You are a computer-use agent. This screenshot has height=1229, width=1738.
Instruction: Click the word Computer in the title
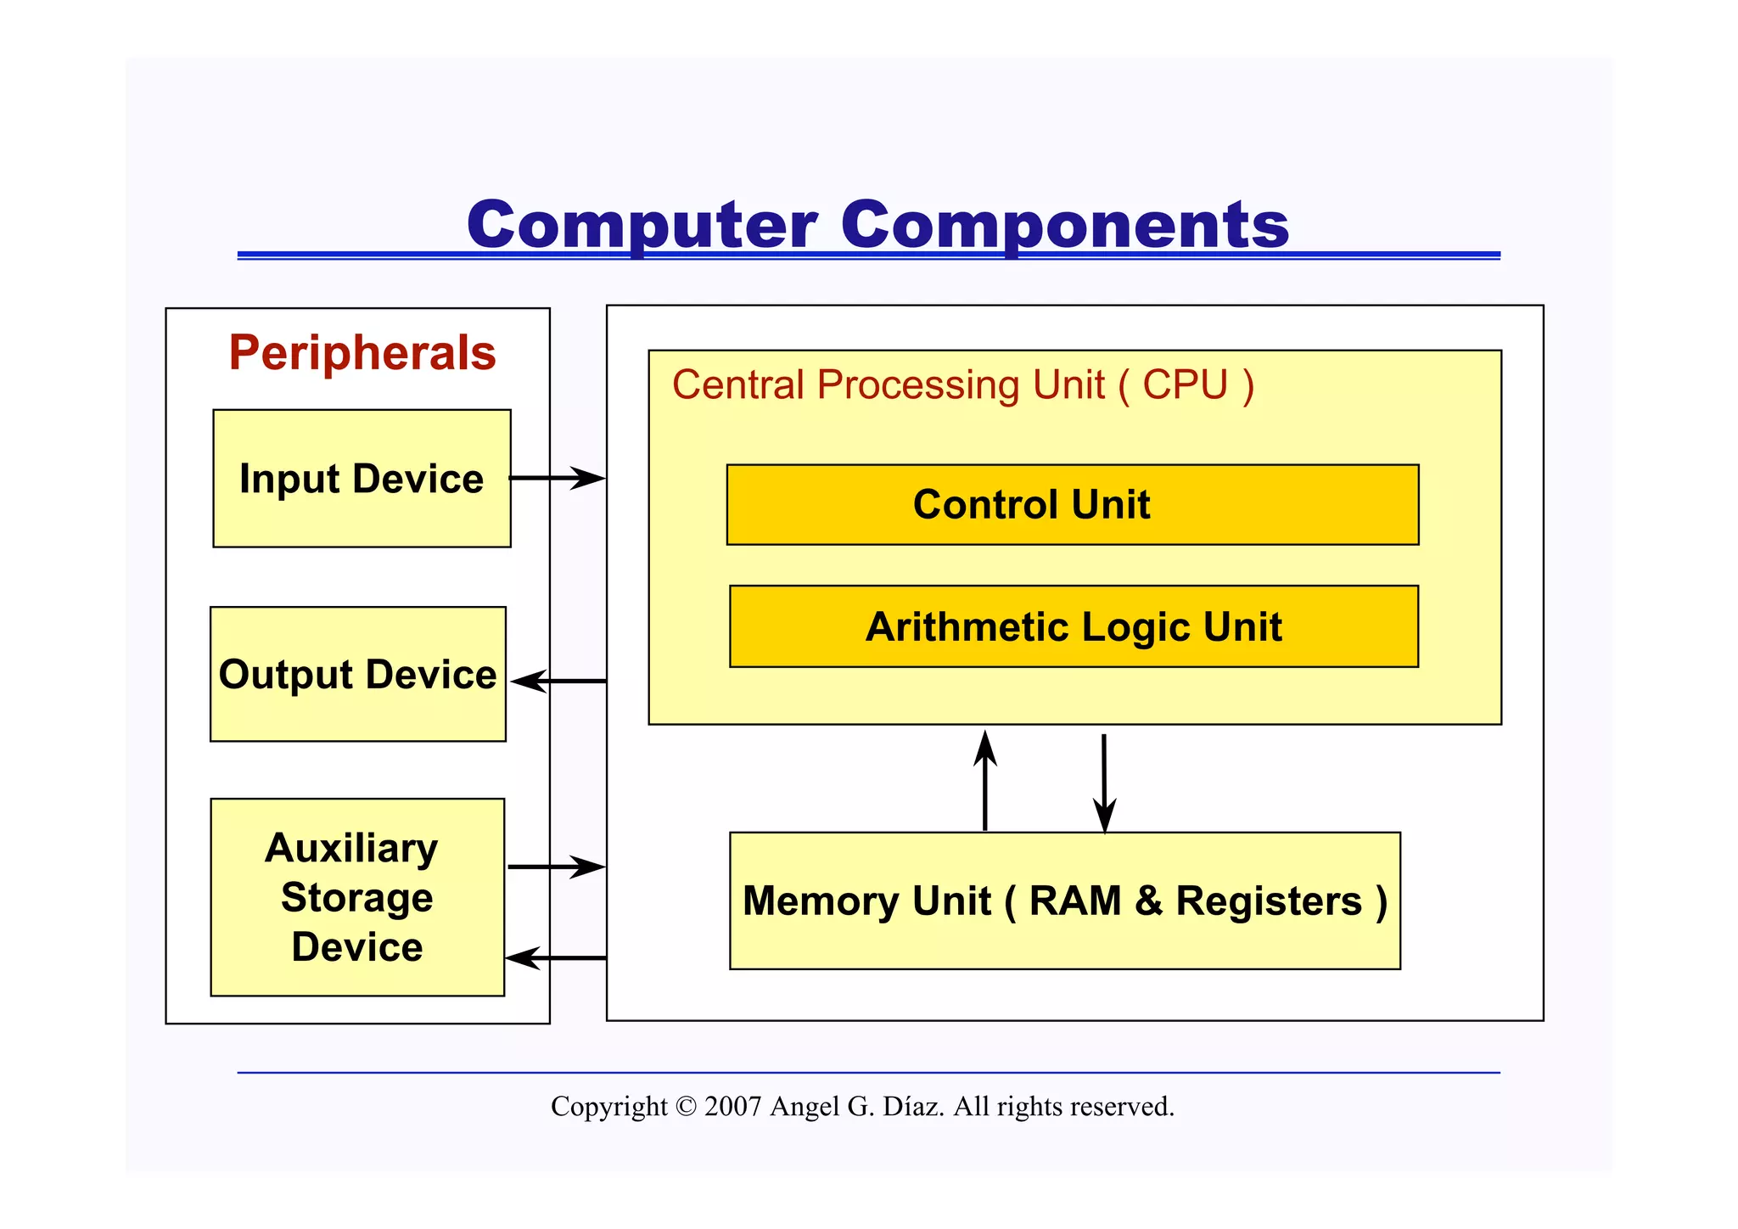click(642, 225)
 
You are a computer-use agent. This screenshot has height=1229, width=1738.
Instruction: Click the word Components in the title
click(1065, 225)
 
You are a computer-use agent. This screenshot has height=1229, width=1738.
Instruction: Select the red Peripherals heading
click(362, 352)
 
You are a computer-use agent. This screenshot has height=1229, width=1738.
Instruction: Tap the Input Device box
click(362, 479)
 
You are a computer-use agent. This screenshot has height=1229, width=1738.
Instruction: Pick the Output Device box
click(357, 675)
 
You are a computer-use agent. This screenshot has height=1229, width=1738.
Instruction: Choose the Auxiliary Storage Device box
click(357, 897)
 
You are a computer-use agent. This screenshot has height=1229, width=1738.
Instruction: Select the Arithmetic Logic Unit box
click(1074, 626)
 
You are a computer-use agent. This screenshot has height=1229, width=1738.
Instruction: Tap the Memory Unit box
click(1064, 901)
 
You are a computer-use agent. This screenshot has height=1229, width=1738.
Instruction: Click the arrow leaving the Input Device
click(557, 478)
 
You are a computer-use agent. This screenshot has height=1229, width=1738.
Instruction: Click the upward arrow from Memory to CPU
click(984, 781)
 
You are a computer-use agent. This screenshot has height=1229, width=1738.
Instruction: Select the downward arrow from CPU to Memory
click(1104, 783)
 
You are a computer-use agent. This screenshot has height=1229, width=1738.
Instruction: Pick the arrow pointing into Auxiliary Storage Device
click(556, 957)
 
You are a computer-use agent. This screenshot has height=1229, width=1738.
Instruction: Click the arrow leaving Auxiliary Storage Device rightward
click(556, 867)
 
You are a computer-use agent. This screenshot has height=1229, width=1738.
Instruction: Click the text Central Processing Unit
click(888, 385)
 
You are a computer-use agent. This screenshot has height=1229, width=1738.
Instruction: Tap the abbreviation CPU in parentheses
click(1185, 385)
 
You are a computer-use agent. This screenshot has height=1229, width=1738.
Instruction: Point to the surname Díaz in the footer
click(913, 1107)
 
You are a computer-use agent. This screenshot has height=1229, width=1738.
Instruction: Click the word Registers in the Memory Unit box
click(1268, 901)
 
